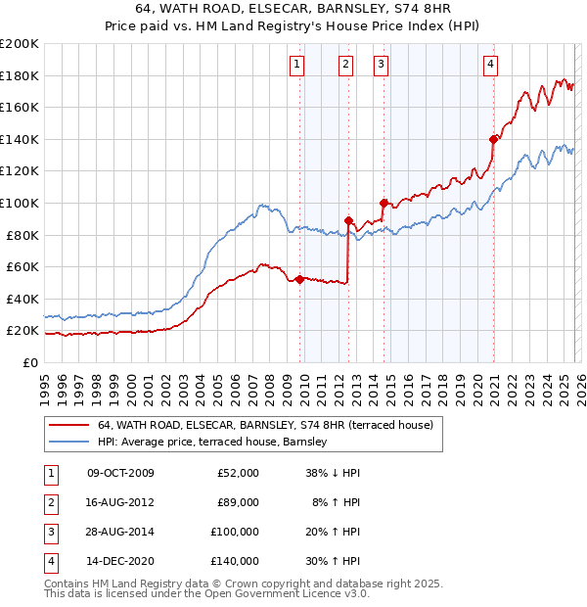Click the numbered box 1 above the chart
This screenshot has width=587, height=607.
pos(296,66)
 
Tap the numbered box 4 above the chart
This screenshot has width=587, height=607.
pos(490,66)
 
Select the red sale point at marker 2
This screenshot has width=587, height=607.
pos(348,220)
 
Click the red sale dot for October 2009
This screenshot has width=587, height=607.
pos(299,279)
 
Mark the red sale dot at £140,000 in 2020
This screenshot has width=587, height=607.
pos(494,139)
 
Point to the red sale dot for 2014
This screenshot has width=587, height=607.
pos(384,203)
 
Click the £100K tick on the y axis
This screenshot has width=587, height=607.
pos(19,203)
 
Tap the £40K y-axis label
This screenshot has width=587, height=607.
pos(22,299)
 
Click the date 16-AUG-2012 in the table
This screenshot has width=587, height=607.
pos(120,501)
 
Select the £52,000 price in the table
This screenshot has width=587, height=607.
pos(237,473)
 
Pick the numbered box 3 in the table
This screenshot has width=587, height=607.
pos(49,532)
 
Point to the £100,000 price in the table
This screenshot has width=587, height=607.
pos(234,532)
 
